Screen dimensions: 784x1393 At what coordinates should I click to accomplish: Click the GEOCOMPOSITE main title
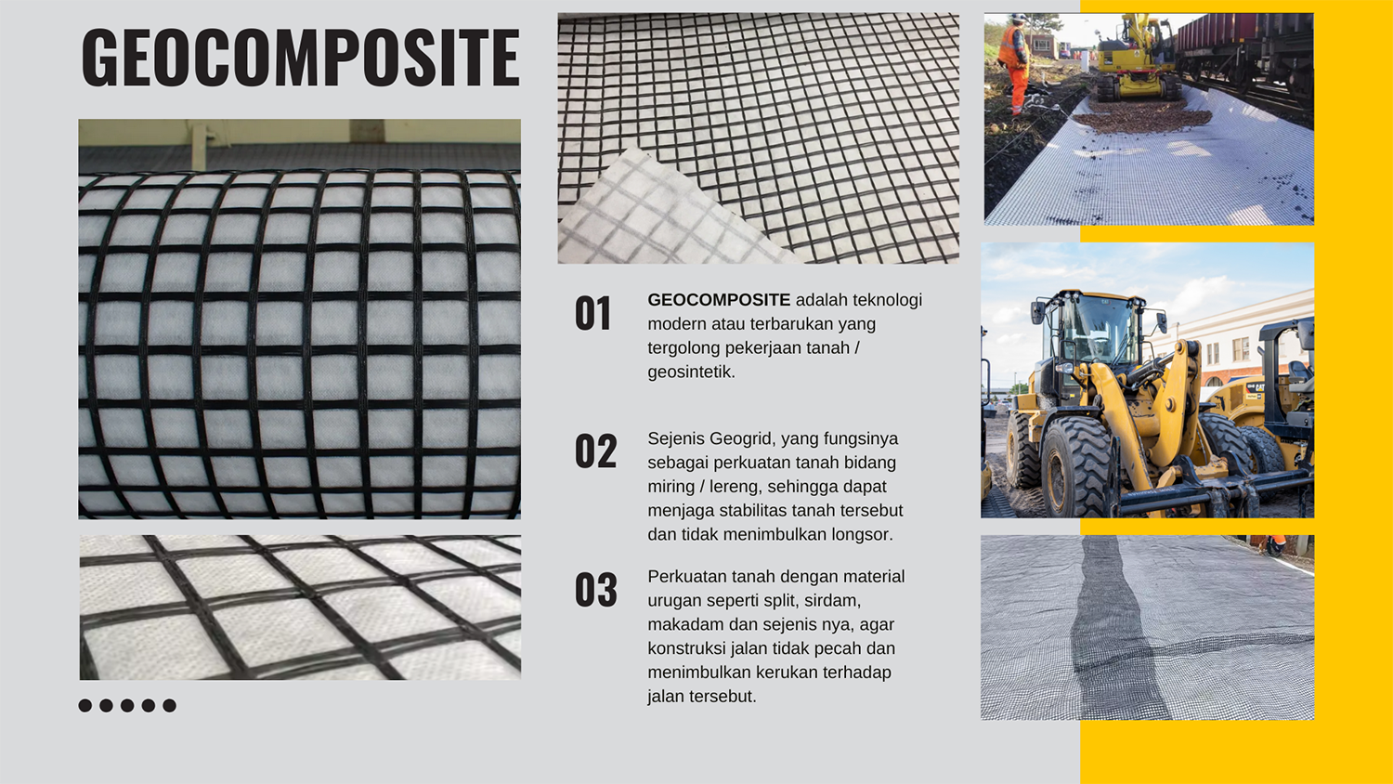click(x=300, y=58)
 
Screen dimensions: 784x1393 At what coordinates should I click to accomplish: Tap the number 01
click(x=592, y=314)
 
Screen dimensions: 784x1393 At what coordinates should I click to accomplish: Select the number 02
click(x=595, y=451)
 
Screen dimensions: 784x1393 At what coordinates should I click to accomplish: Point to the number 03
click(x=595, y=590)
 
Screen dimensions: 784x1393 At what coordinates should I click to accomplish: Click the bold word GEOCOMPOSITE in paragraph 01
click(x=719, y=300)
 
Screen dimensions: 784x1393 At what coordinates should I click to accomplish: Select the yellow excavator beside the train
click(x=1134, y=60)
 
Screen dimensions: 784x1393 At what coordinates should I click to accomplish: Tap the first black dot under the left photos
click(x=85, y=706)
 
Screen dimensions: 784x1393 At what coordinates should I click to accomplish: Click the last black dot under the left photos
click(x=169, y=706)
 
